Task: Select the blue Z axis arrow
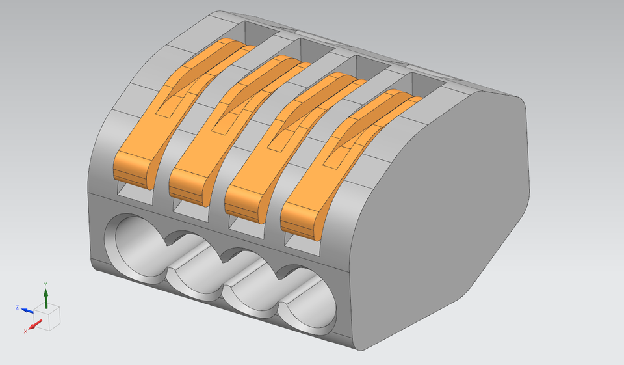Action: click(28, 310)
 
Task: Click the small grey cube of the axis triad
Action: click(49, 316)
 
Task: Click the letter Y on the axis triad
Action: click(45, 285)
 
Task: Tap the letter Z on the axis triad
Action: click(18, 307)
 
